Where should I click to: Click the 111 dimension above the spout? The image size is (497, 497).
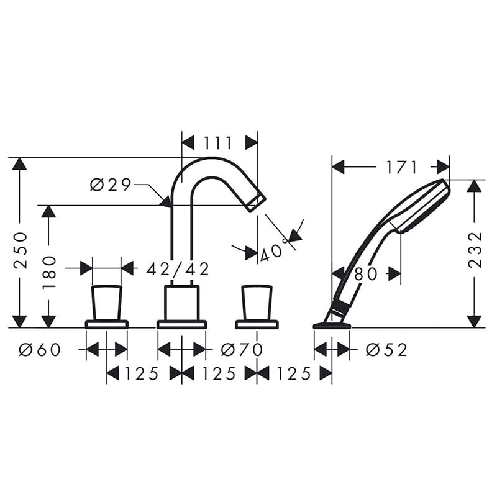click(x=218, y=143)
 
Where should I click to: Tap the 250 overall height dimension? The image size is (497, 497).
click(x=21, y=250)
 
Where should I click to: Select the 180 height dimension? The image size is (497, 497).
click(x=50, y=272)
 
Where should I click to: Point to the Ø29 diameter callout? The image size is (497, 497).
click(x=111, y=185)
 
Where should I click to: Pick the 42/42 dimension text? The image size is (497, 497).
click(x=178, y=269)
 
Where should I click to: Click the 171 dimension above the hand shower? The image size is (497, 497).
click(x=401, y=167)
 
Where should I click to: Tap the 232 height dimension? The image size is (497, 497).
click(x=475, y=250)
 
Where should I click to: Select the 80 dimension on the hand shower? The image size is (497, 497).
click(x=366, y=273)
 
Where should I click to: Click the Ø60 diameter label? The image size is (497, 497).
click(x=40, y=350)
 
